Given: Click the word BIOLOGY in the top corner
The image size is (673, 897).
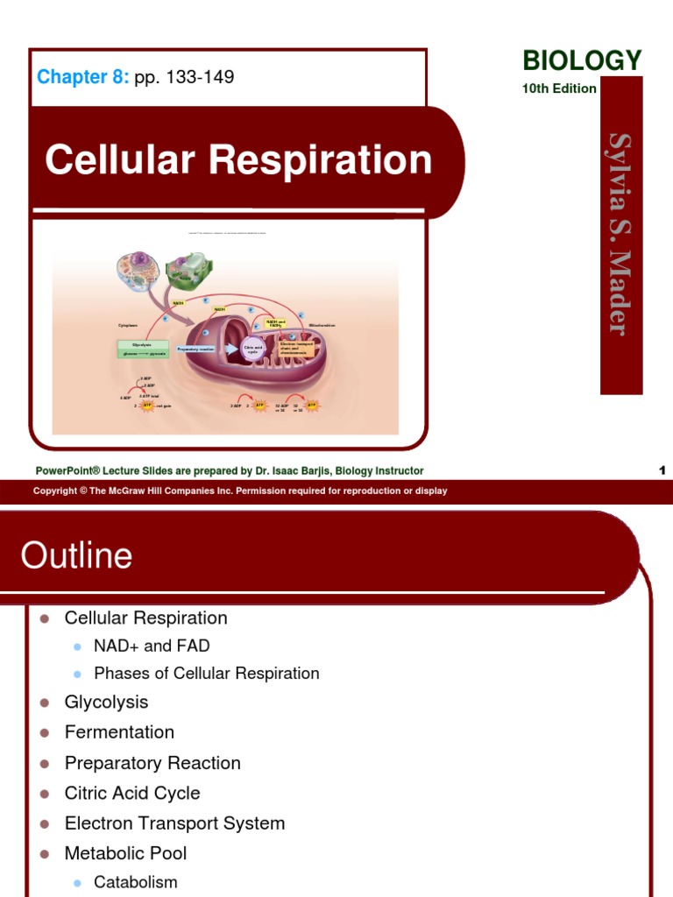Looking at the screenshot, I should coord(582,60).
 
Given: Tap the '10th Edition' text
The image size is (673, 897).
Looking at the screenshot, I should coord(559,88).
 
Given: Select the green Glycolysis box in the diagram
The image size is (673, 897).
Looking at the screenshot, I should coord(142,349).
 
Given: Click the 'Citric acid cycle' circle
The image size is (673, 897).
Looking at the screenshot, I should coord(253,349).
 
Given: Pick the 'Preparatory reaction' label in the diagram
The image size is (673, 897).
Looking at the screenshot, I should coord(195,349).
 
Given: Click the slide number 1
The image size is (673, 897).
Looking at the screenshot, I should coord(662,470).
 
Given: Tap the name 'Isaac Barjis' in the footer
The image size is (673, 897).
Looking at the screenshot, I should coord(356,470).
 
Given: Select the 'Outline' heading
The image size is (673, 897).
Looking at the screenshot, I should coord(76,555).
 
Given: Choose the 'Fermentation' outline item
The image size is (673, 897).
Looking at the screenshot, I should coord(119,732).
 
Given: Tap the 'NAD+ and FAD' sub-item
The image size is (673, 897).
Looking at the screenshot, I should coord(152,646).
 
